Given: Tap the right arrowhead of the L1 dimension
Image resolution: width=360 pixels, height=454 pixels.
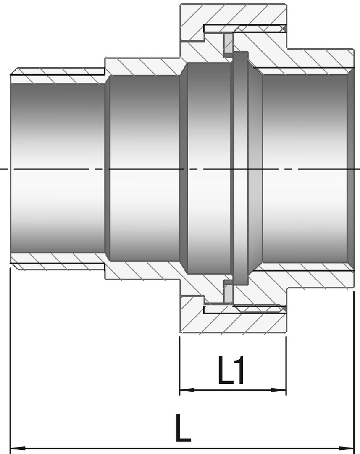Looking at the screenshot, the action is (280, 390).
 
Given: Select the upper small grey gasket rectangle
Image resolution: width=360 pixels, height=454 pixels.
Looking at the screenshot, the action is (228, 43).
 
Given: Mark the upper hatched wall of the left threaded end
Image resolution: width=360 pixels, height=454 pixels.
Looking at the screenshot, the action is (58, 75).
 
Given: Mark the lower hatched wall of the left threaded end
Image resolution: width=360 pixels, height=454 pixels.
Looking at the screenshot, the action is (58, 262).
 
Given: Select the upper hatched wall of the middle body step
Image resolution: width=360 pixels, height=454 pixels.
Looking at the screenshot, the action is (143, 66).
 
